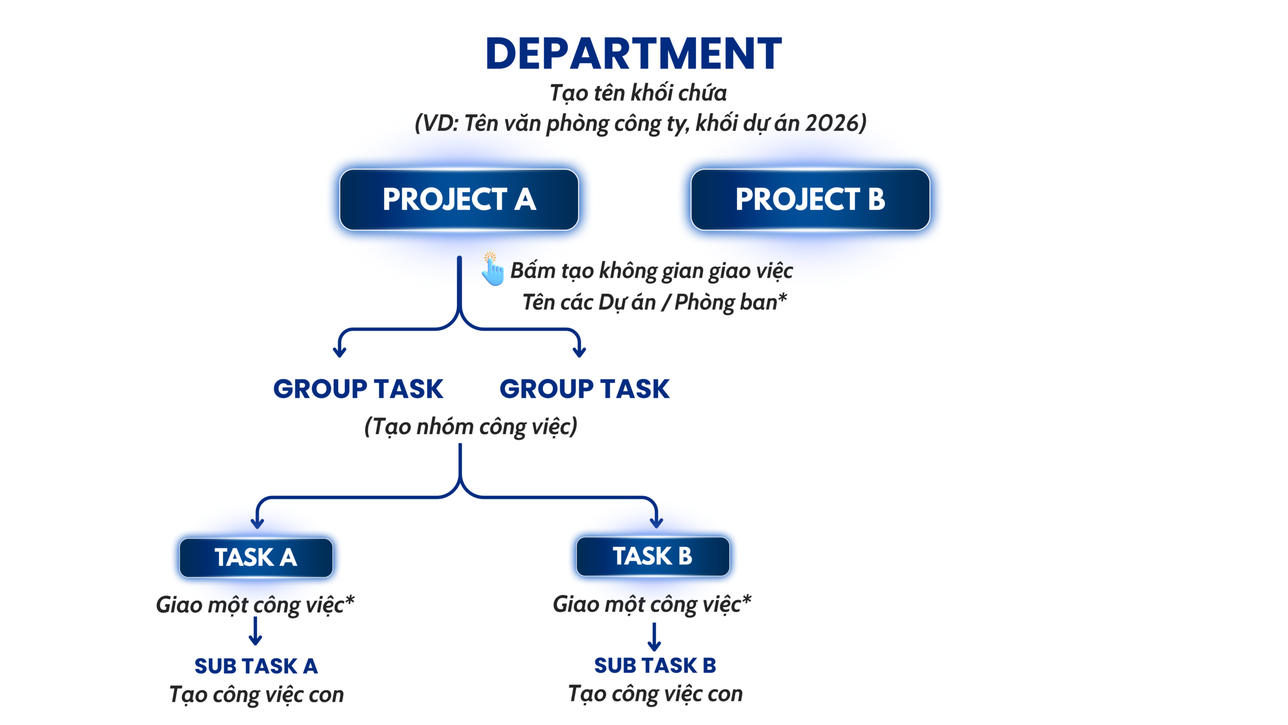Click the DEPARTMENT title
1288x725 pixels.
pos(633,53)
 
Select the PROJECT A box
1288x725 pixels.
pos(459,199)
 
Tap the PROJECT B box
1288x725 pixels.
pos(810,199)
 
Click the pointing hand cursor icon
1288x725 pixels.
pos(493,269)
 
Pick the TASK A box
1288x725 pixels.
pos(256,557)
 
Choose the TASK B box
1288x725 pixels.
pos(653,556)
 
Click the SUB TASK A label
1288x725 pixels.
pos(256,666)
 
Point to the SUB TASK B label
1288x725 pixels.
pos(655,666)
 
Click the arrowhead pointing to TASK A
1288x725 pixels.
pos(257,523)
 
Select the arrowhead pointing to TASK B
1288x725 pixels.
pos(656,522)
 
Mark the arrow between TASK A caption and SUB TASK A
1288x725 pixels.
pos(256,631)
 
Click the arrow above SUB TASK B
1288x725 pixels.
pos(654,637)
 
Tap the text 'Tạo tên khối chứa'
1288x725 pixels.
pos(638,93)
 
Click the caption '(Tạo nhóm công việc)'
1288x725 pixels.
pos(471,427)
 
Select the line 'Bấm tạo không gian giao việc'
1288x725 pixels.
pos(652,271)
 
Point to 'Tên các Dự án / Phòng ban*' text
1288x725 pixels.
pos(655,303)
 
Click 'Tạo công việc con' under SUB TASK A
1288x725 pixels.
pos(257,695)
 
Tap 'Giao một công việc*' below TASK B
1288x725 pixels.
pos(652,604)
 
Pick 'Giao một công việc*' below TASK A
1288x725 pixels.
pos(256,605)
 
